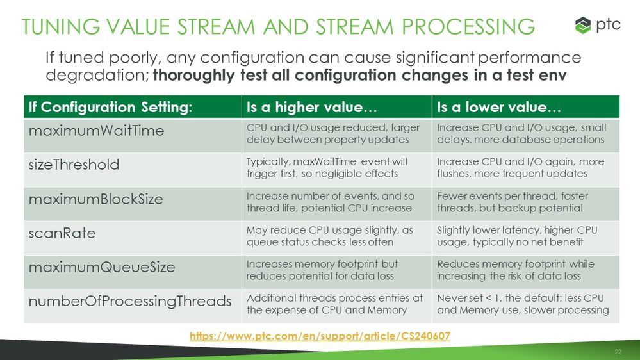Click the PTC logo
click(598, 26)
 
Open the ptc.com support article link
click(320, 336)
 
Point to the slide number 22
click(618, 352)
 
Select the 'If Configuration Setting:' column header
click(110, 107)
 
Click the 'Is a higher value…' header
click(311, 107)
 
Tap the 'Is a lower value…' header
click(499, 107)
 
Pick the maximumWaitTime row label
click(96, 131)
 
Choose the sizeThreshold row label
click(74, 165)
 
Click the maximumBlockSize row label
click(96, 199)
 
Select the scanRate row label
click(62, 233)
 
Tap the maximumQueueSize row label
click(102, 267)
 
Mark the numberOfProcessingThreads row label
click(130, 302)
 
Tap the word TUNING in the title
click(61, 27)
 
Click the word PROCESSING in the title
click(468, 27)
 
